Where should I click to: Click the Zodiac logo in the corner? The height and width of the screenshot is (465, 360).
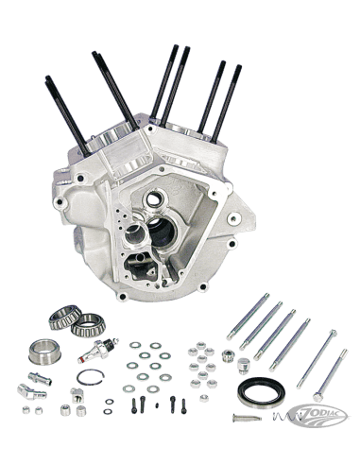[x=318, y=416]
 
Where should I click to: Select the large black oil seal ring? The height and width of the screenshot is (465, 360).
[x=261, y=392]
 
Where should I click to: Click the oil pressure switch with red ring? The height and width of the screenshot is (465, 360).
[x=98, y=351]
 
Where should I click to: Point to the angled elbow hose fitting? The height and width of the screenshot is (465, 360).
[x=32, y=391]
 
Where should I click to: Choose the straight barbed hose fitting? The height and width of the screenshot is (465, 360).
[x=40, y=379]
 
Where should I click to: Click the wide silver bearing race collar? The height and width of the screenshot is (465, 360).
[x=44, y=352]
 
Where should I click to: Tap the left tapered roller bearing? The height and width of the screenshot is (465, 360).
[x=65, y=317]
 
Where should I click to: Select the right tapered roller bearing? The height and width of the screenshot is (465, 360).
[x=88, y=325]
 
